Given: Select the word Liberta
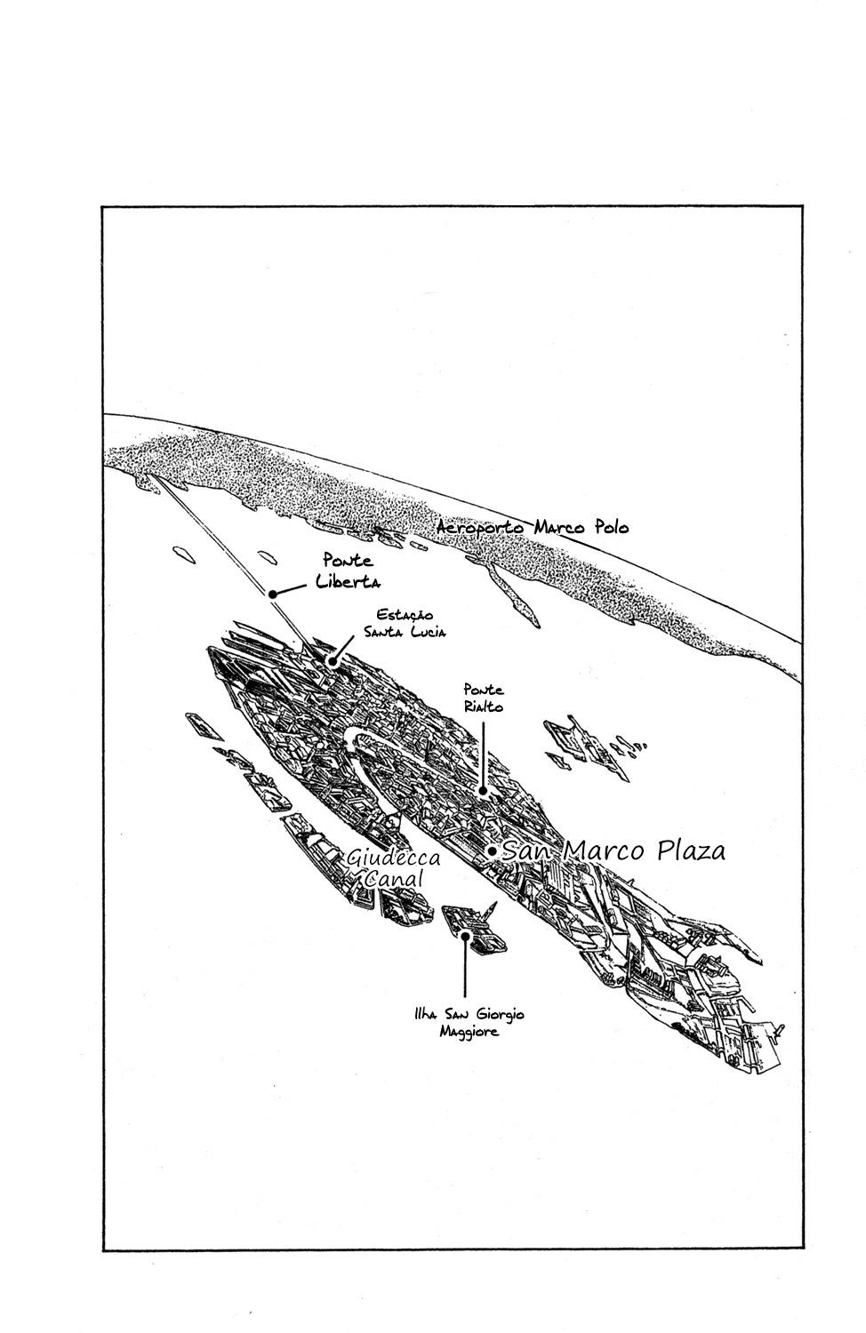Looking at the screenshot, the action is point(349,581).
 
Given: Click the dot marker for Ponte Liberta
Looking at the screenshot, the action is point(272,594).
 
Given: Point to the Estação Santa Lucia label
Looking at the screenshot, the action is point(405,623).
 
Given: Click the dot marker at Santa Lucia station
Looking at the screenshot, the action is point(331,661).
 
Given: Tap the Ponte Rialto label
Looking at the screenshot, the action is point(484,698).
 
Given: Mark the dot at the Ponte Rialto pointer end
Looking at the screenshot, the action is point(484,791).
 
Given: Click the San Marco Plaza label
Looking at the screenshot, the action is point(613,851).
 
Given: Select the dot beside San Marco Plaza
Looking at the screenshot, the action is point(493,851).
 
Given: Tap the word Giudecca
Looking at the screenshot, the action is point(393,858).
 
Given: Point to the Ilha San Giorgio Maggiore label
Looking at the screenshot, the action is point(469,1022).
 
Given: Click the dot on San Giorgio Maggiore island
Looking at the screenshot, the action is point(465,935).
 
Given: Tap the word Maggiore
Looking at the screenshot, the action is point(469,1031).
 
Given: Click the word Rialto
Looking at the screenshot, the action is point(484,706).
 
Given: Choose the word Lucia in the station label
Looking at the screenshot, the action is point(427,632).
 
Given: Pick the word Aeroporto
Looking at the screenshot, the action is point(481,528).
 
